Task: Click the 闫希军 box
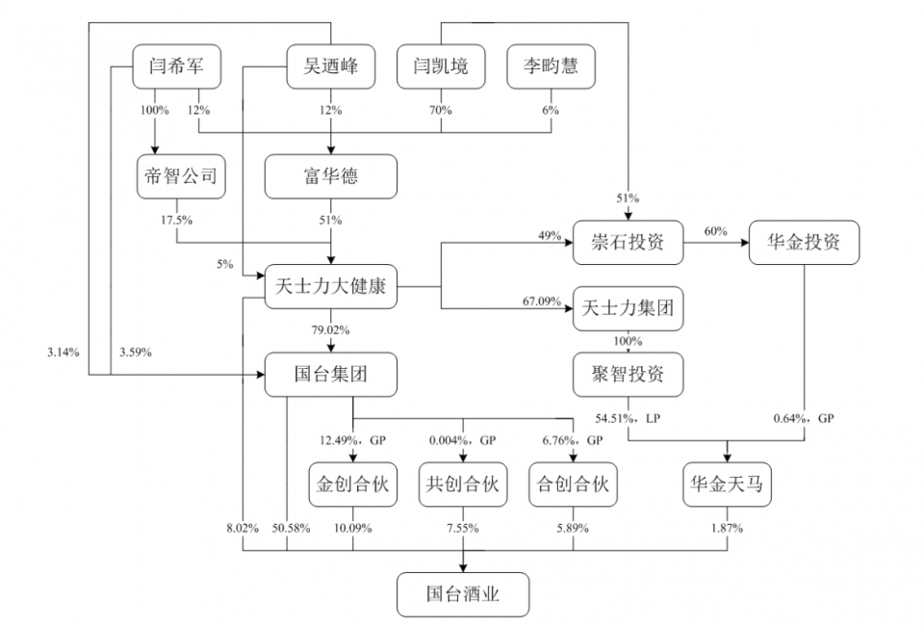[x=177, y=66]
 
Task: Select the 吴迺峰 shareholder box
[x=330, y=66]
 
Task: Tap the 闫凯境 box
[x=442, y=66]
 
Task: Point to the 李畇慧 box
[x=551, y=66]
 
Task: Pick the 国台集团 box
[x=330, y=375]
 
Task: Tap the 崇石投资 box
[x=627, y=241]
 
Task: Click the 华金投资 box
[x=805, y=241]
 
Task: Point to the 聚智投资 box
[x=627, y=375]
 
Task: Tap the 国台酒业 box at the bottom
[x=463, y=594]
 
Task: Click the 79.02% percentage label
[x=330, y=330]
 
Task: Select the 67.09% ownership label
[x=542, y=301]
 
